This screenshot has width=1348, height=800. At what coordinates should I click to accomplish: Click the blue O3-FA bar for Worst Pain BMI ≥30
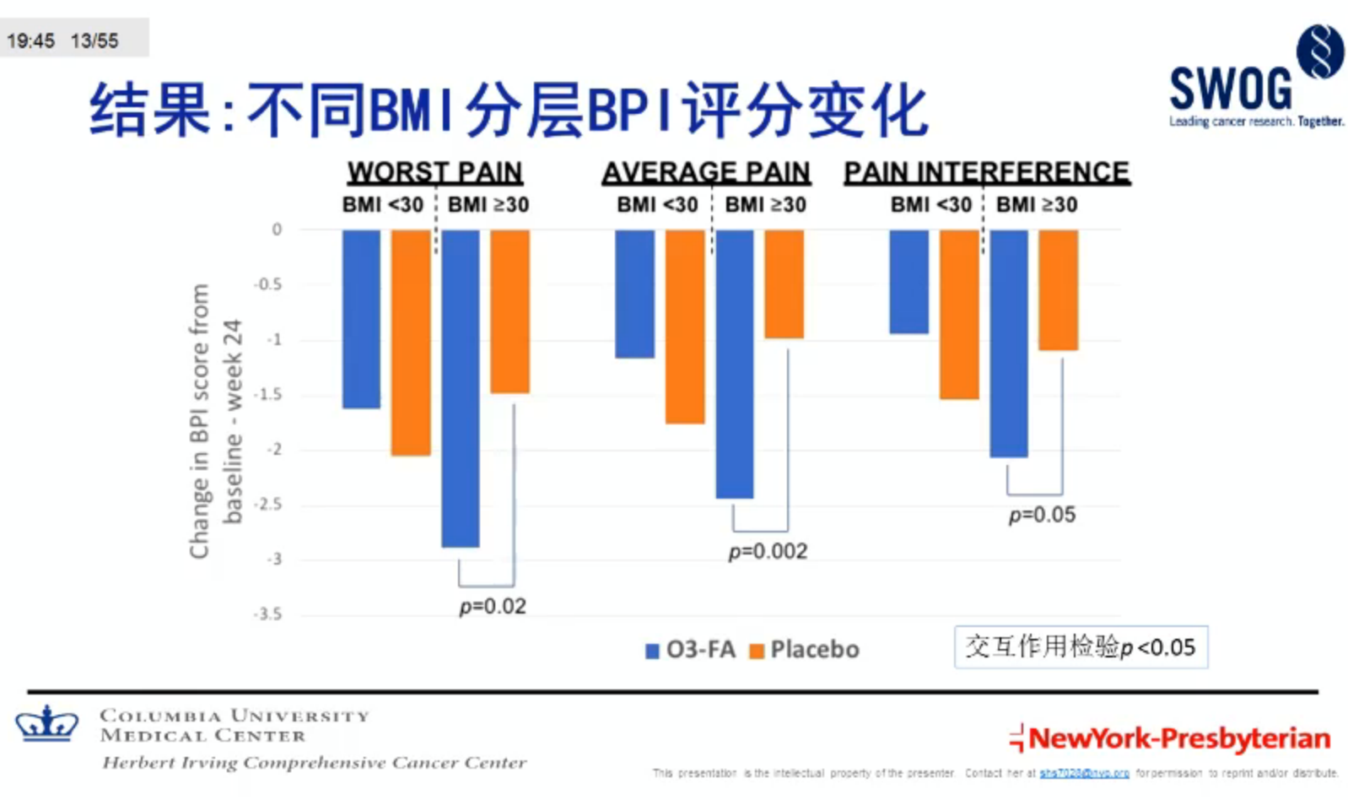[461, 388]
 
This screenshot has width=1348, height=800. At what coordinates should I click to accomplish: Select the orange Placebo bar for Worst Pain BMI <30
[411, 343]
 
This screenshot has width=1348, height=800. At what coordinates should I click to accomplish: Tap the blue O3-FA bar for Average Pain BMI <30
[634, 294]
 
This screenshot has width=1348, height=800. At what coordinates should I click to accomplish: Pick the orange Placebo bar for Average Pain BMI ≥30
[784, 284]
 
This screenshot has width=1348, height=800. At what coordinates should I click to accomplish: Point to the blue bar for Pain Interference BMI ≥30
[1008, 343]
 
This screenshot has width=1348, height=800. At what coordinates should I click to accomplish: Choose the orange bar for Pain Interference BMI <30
[959, 314]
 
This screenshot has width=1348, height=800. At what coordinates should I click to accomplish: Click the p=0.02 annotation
[493, 607]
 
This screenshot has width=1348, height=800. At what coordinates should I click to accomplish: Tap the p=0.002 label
[768, 552]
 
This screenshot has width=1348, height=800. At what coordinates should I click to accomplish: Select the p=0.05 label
[1042, 515]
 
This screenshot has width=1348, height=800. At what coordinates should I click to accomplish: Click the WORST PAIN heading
[434, 172]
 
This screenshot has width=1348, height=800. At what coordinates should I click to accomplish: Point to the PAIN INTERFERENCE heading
[986, 172]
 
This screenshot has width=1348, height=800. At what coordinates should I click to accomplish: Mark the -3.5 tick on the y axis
[268, 614]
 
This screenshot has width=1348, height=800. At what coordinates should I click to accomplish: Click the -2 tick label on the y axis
[274, 450]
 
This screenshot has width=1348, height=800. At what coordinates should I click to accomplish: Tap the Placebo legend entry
[805, 650]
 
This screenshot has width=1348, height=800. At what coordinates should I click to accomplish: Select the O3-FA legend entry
[691, 650]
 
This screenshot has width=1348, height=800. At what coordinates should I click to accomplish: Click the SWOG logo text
[1230, 89]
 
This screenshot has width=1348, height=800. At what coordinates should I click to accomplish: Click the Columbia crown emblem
[47, 724]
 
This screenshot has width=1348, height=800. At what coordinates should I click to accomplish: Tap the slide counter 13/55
[94, 41]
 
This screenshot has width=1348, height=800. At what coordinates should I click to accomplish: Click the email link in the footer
[1084, 773]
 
